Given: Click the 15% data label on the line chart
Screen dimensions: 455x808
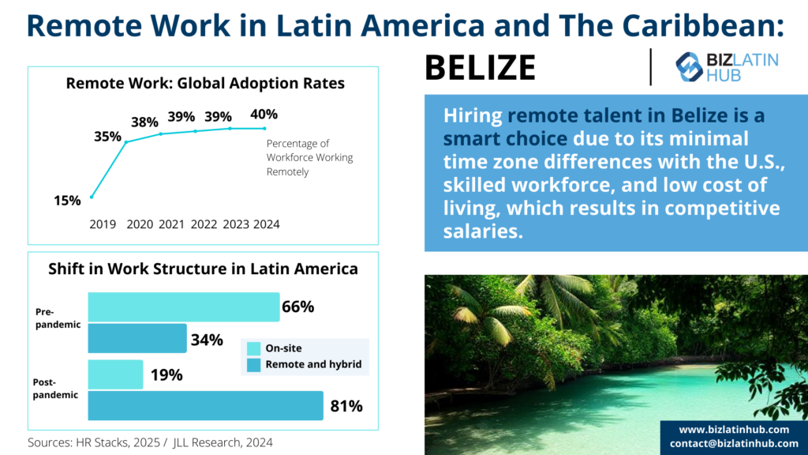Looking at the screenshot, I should point(67,201).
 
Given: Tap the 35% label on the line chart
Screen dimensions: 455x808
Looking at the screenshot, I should point(107,136).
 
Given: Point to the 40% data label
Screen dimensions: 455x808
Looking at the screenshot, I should point(264,115).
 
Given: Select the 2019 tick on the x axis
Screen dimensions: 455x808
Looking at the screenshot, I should point(103,224).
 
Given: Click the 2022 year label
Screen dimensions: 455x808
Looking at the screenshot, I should point(204,224).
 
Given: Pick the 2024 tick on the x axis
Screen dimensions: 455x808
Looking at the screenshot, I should point(267,224).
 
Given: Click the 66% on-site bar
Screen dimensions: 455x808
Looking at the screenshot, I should point(183,306).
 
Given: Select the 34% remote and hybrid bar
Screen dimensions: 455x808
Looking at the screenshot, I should point(137,338).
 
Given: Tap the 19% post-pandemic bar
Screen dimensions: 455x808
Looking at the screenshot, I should point(115,374).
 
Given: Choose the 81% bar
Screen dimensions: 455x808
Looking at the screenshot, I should point(205,406).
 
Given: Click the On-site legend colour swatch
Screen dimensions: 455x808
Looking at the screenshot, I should point(253,348).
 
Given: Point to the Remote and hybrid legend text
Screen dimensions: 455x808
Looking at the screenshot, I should point(313,364).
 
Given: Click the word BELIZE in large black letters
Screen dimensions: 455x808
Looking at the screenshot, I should point(480,68).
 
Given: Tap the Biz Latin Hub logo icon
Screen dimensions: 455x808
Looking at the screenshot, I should point(690,67).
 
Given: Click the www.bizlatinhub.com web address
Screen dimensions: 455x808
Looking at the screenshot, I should point(734,429).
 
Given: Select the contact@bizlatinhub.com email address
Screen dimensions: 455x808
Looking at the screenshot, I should point(734,443).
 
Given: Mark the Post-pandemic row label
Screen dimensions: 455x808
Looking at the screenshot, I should point(55,388).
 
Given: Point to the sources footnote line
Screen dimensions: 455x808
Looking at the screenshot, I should point(150,442).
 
